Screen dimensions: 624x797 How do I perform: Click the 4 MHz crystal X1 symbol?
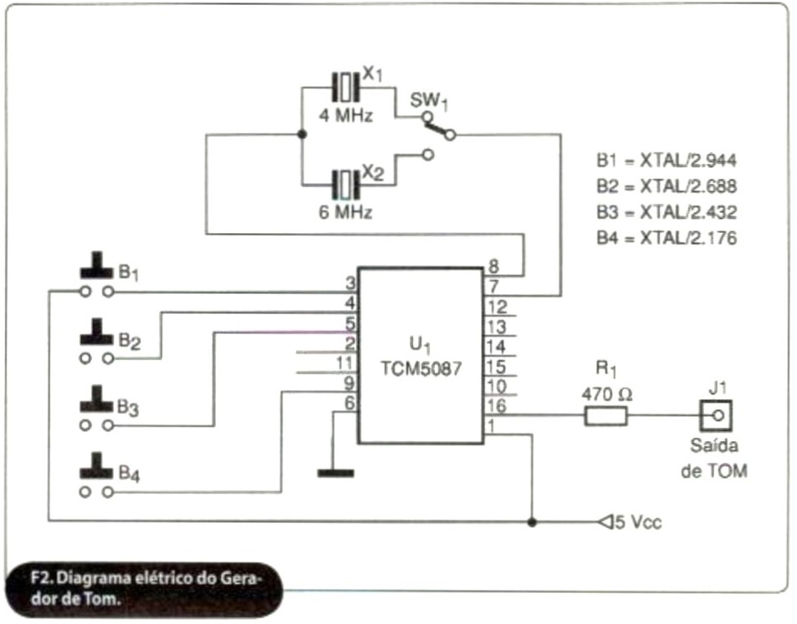pos(345,86)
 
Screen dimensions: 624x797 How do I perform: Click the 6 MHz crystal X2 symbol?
pos(345,182)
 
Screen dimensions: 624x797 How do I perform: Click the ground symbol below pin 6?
pos(335,474)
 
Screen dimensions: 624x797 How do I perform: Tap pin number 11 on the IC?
pos(344,363)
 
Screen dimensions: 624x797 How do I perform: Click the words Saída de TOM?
pos(715,458)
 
